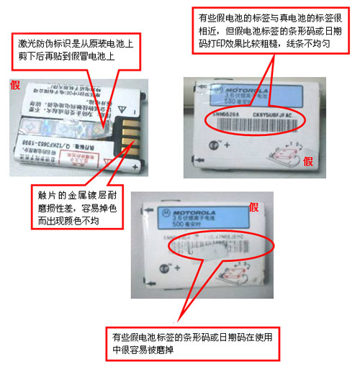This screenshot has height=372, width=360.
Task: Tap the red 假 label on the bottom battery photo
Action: tap(253, 208)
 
